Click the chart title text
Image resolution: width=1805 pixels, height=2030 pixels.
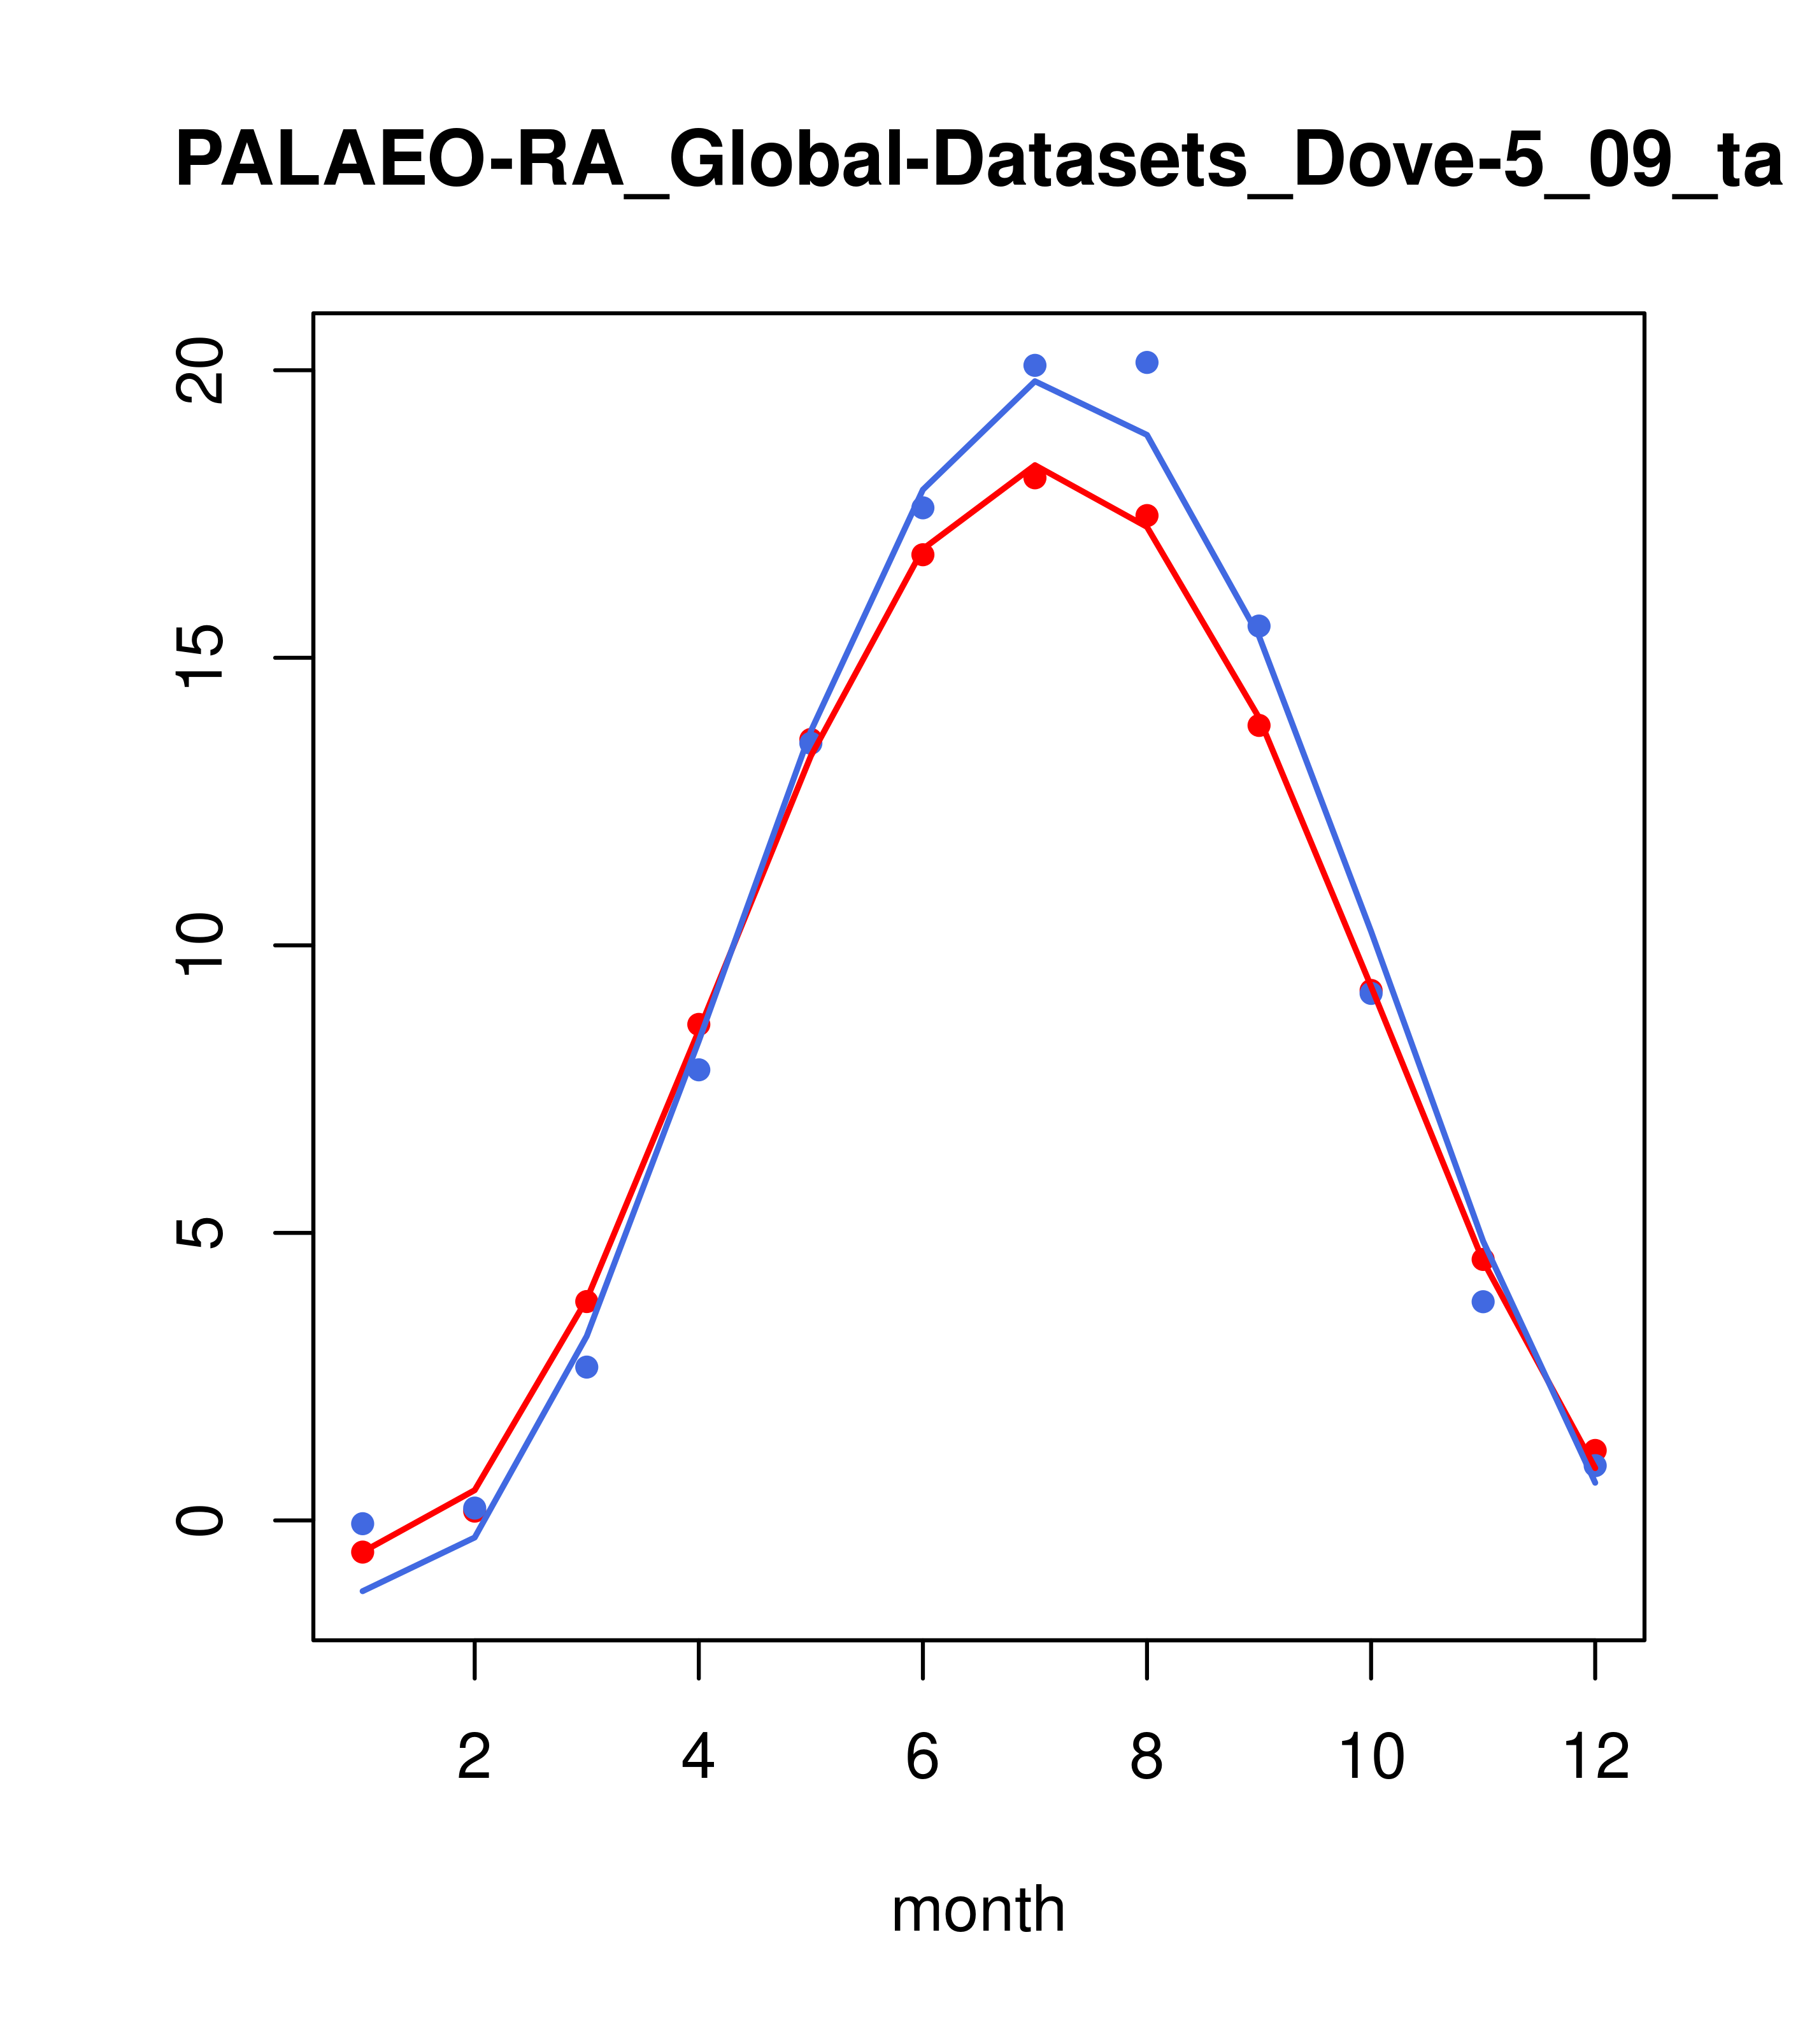click(978, 161)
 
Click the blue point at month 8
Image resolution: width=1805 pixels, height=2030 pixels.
click(1146, 362)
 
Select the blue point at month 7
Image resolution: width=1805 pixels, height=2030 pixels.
click(1034, 366)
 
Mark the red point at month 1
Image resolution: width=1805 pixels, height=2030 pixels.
click(362, 1551)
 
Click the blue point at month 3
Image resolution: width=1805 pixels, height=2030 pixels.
click(587, 1366)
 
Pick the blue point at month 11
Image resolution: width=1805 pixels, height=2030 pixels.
click(1483, 1301)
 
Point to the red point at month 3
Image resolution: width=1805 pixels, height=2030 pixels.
click(587, 1301)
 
